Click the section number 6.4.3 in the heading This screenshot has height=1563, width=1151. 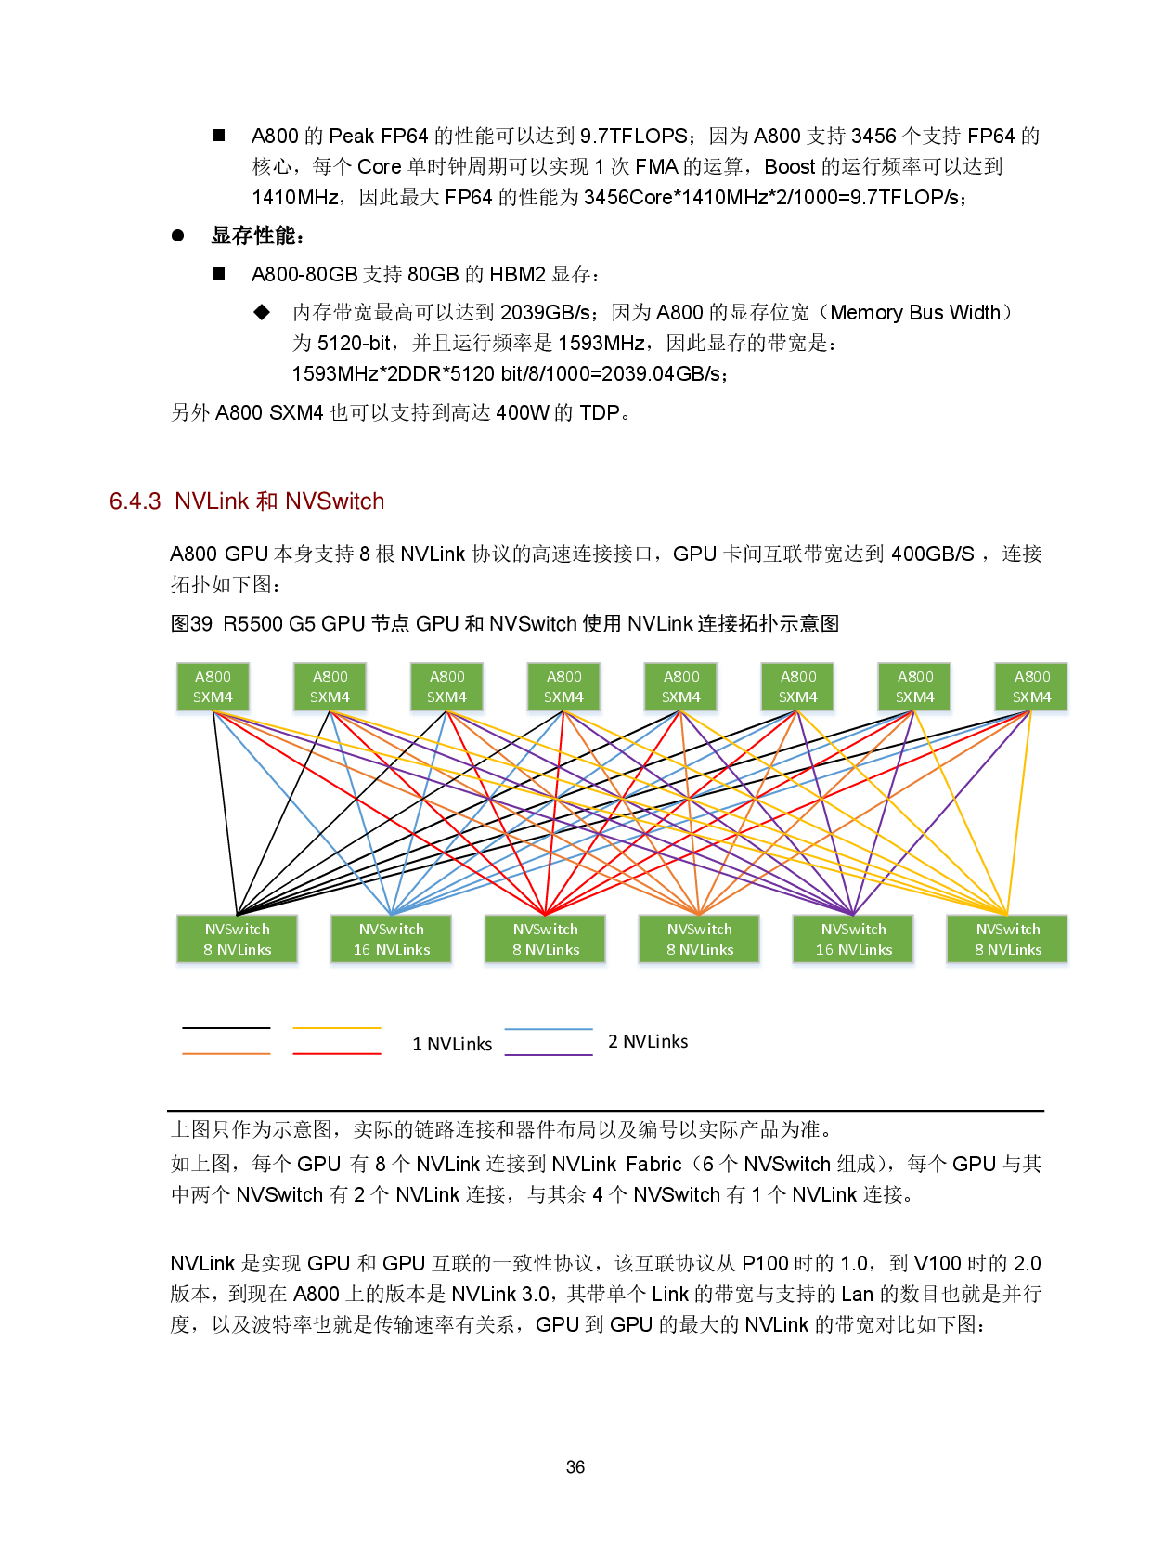pyautogui.click(x=136, y=501)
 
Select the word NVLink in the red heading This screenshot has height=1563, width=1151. pyautogui.click(x=212, y=501)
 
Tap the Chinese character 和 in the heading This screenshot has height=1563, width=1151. pyautogui.click(x=266, y=501)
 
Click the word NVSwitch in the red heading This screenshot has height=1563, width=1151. pyautogui.click(x=335, y=501)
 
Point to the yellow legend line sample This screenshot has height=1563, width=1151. pyautogui.click(x=336, y=1028)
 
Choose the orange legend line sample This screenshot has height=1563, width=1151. pyautogui.click(x=226, y=1054)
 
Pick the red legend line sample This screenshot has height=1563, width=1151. pyautogui.click(x=336, y=1054)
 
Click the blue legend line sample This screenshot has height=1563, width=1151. pyautogui.click(x=548, y=1029)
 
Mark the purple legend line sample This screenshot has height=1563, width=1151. pyautogui.click(x=548, y=1055)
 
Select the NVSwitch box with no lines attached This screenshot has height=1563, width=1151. pyautogui.click(x=238, y=940)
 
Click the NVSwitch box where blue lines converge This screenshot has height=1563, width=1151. pyautogui.click(x=392, y=940)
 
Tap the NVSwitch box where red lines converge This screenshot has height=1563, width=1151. pyautogui.click(x=546, y=940)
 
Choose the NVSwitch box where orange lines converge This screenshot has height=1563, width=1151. pyautogui.click(x=700, y=940)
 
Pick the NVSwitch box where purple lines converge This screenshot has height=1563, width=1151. pyautogui.click(x=854, y=940)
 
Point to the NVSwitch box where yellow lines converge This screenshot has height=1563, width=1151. pyautogui.click(x=1008, y=940)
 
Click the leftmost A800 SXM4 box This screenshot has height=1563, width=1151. pyautogui.click(x=213, y=687)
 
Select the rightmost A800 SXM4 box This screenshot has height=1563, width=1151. pyautogui.click(x=1032, y=687)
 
